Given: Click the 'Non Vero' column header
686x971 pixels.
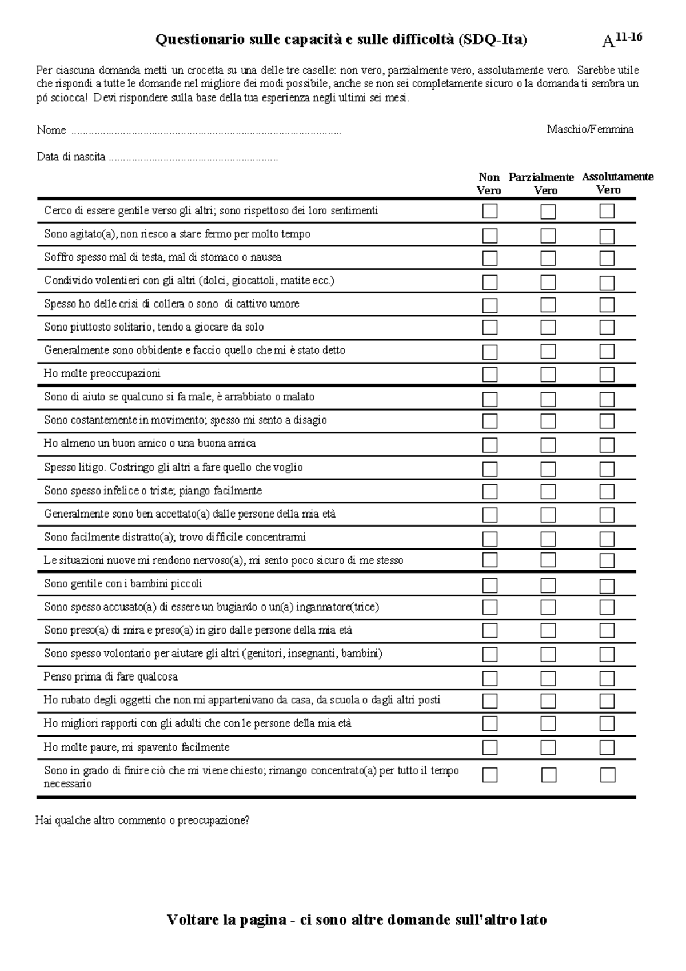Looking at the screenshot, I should (x=489, y=184).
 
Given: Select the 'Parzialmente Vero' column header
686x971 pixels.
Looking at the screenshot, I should (x=541, y=184).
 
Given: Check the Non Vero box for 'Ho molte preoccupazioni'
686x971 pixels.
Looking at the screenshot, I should (x=490, y=375).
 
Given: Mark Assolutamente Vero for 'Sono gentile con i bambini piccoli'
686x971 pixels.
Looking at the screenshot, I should (x=607, y=586).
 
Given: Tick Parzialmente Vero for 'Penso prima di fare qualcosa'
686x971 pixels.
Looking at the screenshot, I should (x=548, y=679).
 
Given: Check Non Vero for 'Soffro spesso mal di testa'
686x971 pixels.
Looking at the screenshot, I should (x=490, y=258).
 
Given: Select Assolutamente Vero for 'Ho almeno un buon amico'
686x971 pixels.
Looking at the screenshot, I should (x=607, y=445).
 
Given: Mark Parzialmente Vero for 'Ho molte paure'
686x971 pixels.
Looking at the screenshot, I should (x=548, y=748).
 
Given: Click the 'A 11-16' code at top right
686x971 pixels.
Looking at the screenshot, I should (x=622, y=40).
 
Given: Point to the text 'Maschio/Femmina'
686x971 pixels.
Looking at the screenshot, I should (x=589, y=129).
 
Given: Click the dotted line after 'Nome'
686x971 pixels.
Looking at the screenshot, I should (x=206, y=132).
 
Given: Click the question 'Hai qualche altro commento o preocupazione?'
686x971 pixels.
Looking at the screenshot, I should (x=142, y=821).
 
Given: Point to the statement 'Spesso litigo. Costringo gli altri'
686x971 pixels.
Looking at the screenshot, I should (x=173, y=467).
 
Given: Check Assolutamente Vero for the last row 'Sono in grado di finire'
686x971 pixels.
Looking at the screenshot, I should (x=607, y=775).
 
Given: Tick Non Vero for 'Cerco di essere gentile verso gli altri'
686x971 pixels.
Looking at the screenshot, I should (x=490, y=212).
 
